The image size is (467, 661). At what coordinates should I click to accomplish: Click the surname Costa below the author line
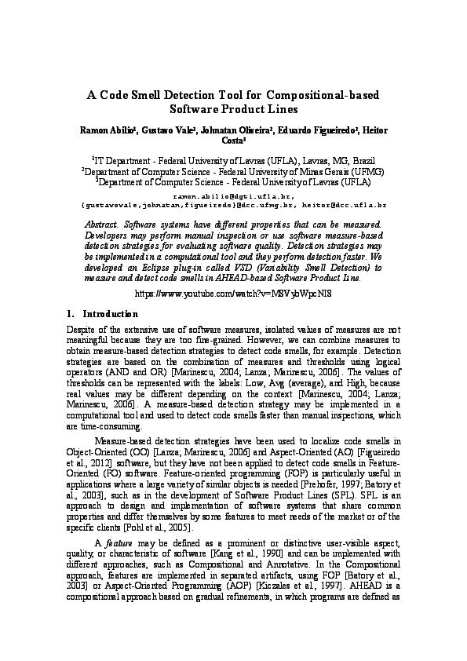point(234,140)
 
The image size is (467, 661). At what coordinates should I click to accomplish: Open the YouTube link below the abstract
point(233,292)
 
